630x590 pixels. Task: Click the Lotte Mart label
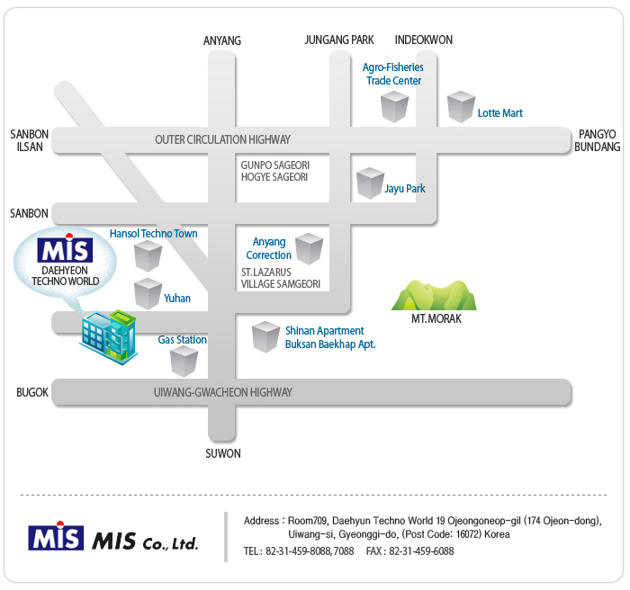(x=499, y=113)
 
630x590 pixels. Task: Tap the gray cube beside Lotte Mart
(x=461, y=107)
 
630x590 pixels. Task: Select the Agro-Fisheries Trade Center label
(x=392, y=74)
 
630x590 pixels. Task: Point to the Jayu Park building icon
(x=370, y=183)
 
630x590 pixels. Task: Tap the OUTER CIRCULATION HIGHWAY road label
(x=222, y=139)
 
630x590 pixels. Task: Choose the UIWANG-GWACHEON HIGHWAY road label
(x=222, y=393)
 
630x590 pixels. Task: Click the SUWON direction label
(x=222, y=453)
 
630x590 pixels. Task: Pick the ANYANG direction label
(x=222, y=40)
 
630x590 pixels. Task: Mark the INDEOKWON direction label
(x=423, y=40)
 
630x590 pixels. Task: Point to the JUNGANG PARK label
(x=338, y=40)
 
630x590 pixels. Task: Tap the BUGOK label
(x=31, y=393)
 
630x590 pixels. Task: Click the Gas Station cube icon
(x=184, y=362)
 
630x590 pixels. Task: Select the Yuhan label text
(x=177, y=298)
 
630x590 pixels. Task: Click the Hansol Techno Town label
(x=153, y=234)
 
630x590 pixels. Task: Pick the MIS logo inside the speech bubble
(x=64, y=248)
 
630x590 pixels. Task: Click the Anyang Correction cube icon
(x=309, y=248)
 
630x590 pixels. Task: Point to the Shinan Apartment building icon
(x=265, y=337)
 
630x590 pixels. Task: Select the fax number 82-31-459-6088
(x=421, y=551)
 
